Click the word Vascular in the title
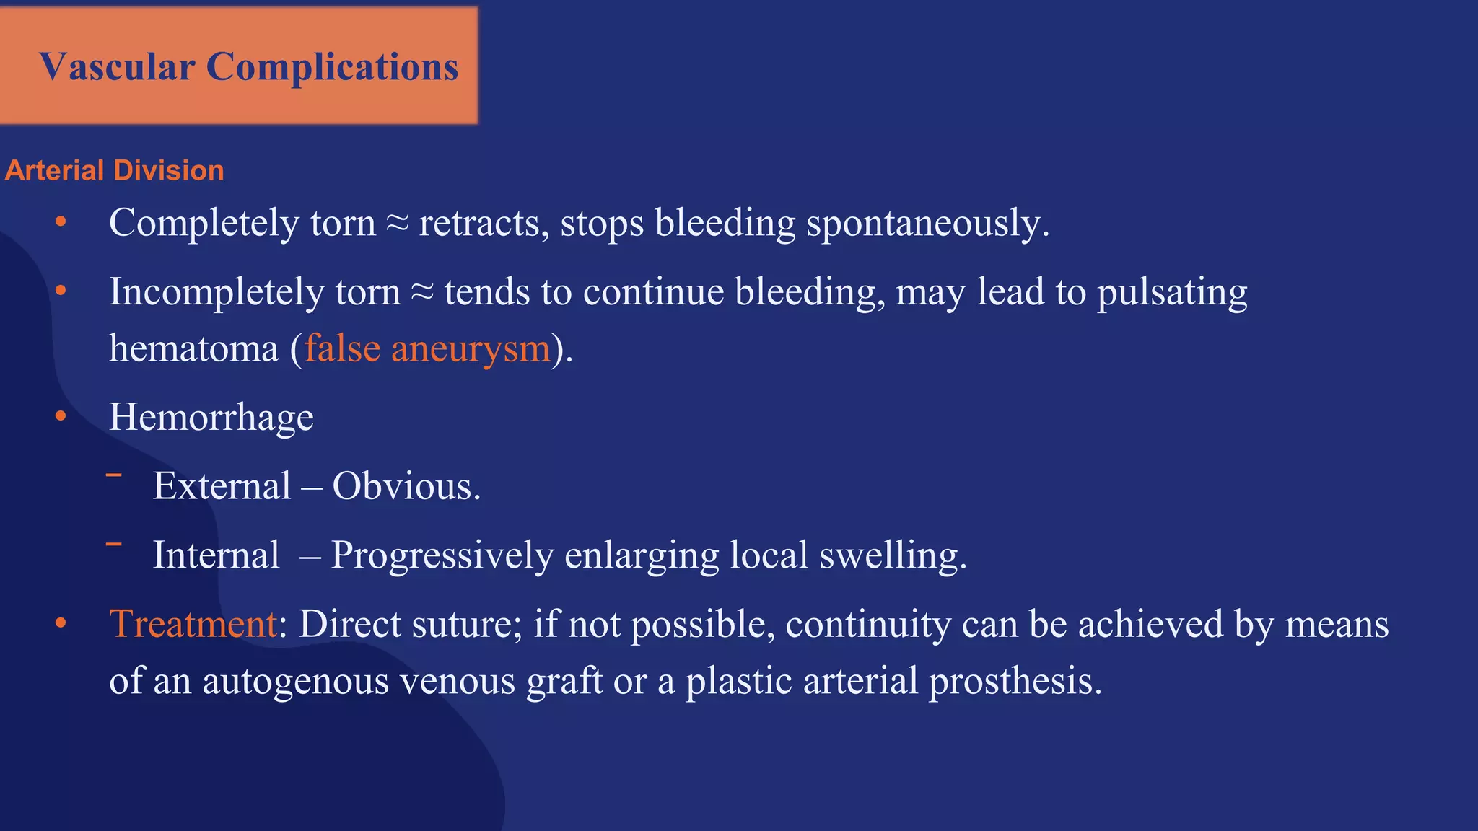[x=117, y=67]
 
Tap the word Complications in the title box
[x=332, y=67]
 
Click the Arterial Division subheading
[x=114, y=171]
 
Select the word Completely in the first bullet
[x=204, y=223]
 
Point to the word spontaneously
[x=927, y=223]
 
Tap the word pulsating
[x=1172, y=292]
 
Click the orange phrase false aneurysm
[x=427, y=348]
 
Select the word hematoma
[x=193, y=348]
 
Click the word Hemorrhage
[x=211, y=418]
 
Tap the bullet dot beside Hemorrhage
[x=61, y=416]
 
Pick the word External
[x=222, y=486]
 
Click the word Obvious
[x=406, y=486]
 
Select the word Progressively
[x=442, y=555]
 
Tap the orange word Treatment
[x=193, y=624]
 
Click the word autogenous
[x=295, y=681]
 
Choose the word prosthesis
[x=1015, y=681]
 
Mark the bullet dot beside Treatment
[x=61, y=623]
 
